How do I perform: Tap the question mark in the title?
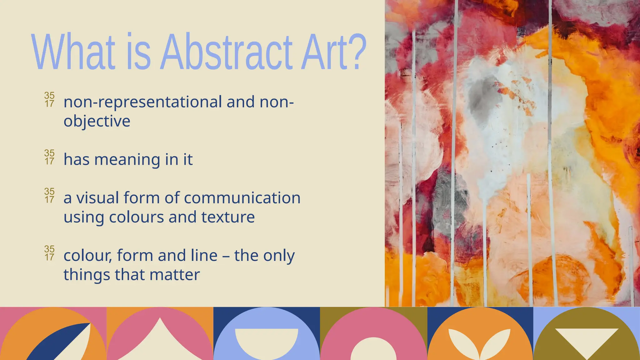coord(357,52)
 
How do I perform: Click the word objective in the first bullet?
coord(97,121)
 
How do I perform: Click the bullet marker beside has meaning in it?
coord(49,157)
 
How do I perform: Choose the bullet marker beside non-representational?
coord(49,99)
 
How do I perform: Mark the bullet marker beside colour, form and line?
coord(49,253)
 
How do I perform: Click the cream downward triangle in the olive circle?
coord(587,341)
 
